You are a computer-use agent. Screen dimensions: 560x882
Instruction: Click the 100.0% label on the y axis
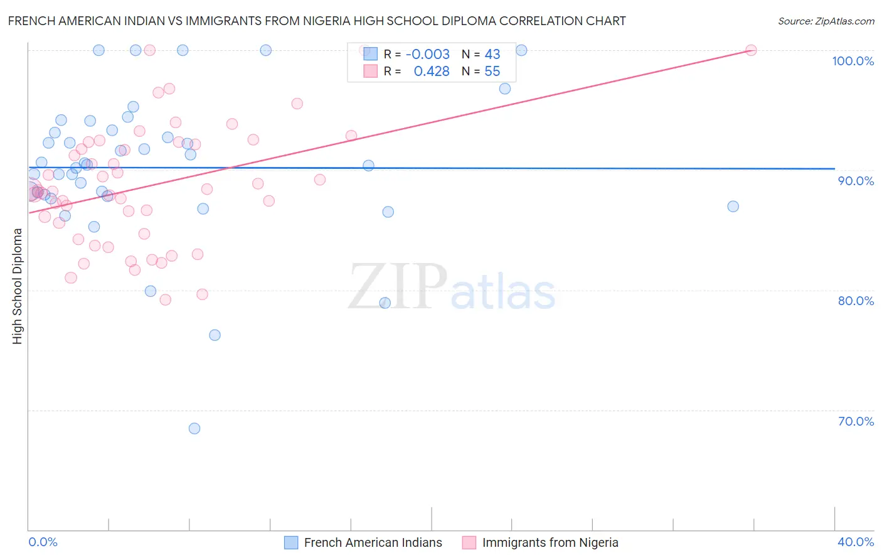853,61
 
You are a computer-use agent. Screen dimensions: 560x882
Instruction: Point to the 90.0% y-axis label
856,181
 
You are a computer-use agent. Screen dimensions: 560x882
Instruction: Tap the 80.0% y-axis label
856,301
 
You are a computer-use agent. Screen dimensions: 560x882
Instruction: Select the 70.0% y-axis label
856,421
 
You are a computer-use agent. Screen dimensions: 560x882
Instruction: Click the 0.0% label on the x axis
43,542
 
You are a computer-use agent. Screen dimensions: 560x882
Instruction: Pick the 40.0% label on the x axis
856,542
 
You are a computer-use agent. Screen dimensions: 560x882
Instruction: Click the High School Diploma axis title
18,286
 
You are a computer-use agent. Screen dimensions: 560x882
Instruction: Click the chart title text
317,21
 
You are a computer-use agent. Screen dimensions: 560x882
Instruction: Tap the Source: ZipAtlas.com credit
826,21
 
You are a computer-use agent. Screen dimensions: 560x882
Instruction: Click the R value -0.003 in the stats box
427,55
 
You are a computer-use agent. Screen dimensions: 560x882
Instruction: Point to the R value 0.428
431,72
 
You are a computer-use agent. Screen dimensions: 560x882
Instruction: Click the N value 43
492,55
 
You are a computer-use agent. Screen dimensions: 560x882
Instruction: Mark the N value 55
492,72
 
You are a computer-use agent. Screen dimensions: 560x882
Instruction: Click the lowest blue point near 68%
194,429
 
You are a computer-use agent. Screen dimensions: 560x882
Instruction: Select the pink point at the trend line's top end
751,50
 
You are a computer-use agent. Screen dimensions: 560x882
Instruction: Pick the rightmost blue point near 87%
733,207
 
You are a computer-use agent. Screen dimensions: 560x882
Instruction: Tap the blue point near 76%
215,335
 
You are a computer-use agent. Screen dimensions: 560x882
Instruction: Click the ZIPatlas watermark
452,288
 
